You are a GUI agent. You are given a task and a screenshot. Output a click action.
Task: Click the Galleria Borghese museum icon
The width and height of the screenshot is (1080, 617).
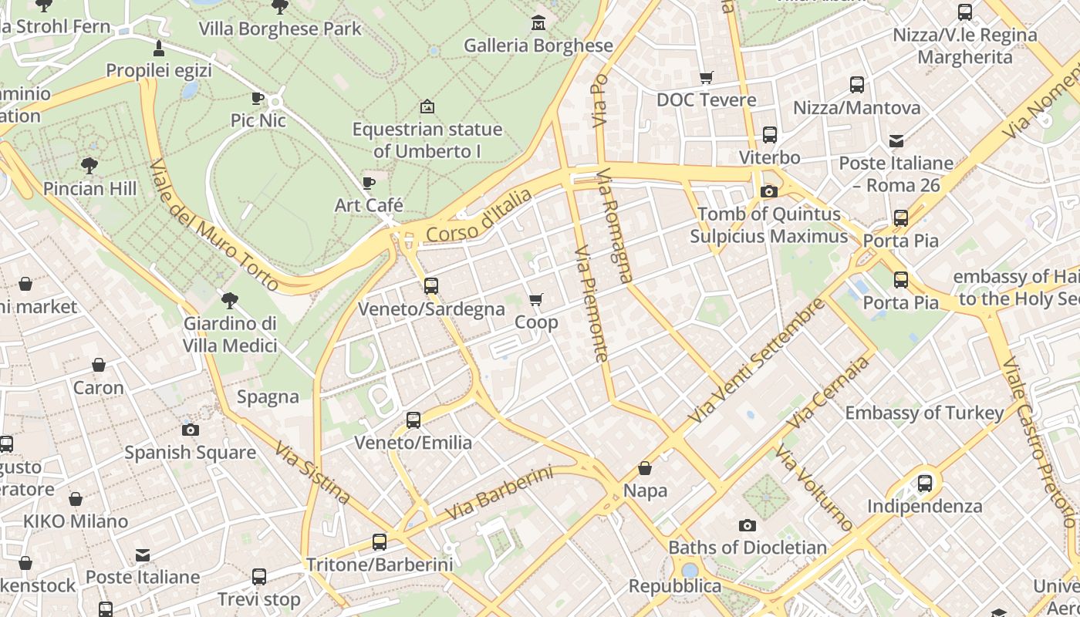(538, 23)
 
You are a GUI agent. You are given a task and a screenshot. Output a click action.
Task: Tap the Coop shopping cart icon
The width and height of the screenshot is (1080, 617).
(535, 299)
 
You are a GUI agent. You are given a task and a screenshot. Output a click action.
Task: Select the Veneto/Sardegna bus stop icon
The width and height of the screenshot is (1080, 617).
(430, 285)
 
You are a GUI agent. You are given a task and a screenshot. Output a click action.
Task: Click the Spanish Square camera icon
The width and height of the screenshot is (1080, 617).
(191, 430)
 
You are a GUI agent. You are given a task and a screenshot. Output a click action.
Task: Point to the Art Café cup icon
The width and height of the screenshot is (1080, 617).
(369, 183)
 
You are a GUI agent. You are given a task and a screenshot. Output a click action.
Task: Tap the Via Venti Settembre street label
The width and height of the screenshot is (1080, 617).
(756, 360)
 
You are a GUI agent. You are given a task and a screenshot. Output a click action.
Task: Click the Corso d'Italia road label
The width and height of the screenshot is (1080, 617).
(479, 215)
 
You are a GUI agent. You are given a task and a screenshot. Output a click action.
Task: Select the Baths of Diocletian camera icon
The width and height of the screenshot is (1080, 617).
(747, 525)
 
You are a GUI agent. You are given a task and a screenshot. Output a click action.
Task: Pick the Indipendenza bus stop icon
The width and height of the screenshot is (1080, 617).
(924, 484)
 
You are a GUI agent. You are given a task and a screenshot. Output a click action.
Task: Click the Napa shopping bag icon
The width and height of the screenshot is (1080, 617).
(645, 468)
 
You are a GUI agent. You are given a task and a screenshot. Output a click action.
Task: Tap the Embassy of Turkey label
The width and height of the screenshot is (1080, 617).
(924, 413)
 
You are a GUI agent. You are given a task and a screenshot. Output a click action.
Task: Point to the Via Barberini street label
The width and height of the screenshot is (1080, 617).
(500, 492)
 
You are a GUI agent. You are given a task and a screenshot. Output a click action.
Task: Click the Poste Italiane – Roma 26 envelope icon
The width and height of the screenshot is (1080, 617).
(896, 141)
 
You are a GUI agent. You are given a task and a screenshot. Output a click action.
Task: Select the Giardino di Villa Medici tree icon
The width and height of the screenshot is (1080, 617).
(229, 301)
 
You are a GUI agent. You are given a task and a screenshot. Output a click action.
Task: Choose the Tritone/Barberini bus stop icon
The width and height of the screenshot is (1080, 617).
(379, 541)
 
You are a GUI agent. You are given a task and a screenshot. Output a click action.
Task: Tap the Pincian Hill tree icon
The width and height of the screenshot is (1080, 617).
(89, 165)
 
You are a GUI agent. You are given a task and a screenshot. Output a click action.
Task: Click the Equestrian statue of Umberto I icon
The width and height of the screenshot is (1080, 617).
(427, 106)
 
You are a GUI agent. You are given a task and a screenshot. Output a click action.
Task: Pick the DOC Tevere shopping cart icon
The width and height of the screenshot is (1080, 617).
(706, 77)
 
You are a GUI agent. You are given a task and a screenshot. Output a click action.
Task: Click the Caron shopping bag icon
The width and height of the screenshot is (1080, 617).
(98, 365)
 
